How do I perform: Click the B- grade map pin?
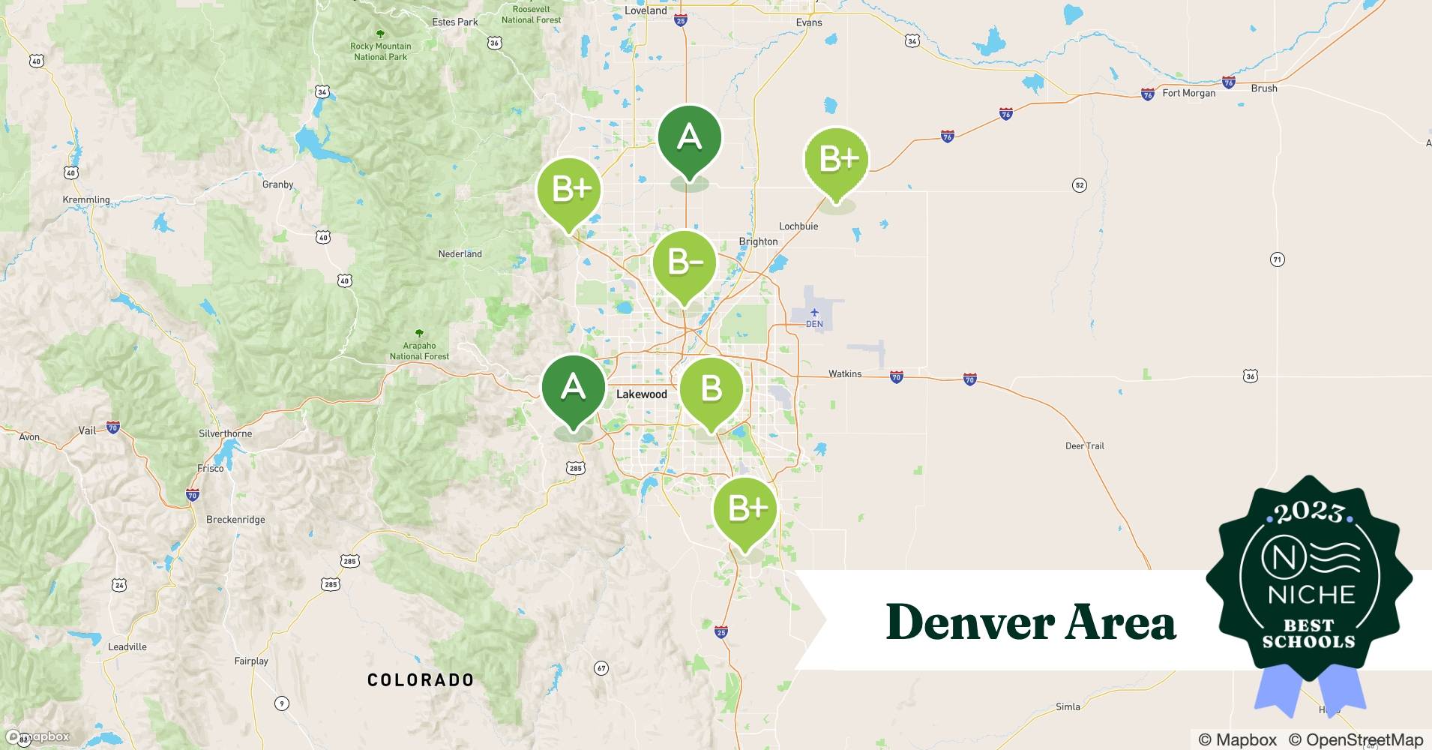(x=685, y=263)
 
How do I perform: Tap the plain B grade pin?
(x=711, y=389)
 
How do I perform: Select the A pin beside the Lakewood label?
(x=574, y=387)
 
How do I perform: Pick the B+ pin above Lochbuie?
(x=837, y=160)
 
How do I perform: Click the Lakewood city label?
(x=641, y=394)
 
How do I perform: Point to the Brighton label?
(x=758, y=241)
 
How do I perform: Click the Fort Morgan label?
(x=1188, y=93)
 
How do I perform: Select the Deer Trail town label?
(x=1084, y=445)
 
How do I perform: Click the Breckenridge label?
(x=235, y=519)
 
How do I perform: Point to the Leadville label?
(x=127, y=646)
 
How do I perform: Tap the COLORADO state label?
(x=421, y=680)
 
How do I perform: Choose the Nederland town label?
(x=460, y=253)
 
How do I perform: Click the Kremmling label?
(x=86, y=200)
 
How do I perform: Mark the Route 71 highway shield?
(x=1277, y=259)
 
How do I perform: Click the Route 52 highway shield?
(x=1079, y=185)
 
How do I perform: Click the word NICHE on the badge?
(x=1311, y=595)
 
